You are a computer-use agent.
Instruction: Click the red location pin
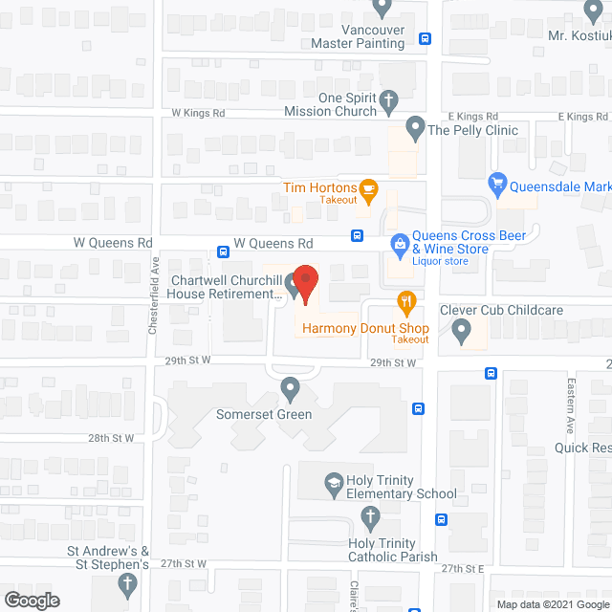click(305, 283)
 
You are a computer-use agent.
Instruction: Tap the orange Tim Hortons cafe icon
click(368, 188)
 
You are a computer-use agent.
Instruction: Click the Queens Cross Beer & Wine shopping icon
click(399, 245)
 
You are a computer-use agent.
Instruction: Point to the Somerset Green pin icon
click(291, 389)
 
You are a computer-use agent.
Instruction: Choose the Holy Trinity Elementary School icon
click(334, 482)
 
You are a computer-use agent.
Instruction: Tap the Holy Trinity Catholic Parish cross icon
click(370, 518)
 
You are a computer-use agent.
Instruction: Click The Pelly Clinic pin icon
click(415, 126)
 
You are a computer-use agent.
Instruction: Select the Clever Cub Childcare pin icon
click(461, 332)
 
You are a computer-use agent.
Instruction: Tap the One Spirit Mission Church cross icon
click(388, 99)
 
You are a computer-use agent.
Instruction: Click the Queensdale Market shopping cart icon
click(497, 182)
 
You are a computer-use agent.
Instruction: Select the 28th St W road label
click(112, 438)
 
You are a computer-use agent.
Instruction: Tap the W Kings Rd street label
click(198, 112)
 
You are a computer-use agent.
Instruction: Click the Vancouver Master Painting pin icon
click(383, 8)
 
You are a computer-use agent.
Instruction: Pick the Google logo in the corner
click(32, 601)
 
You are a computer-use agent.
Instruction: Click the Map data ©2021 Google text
click(551, 603)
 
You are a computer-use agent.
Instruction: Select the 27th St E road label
click(464, 568)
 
